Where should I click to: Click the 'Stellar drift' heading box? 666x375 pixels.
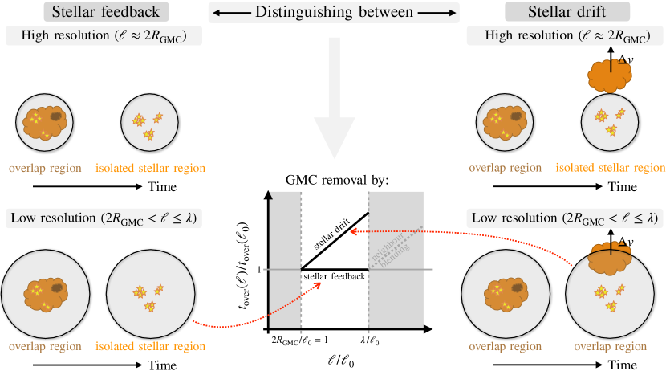[555, 12]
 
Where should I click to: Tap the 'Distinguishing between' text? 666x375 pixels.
[332, 12]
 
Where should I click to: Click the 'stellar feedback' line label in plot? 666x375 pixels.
[335, 276]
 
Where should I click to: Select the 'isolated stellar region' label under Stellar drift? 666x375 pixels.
[611, 169]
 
